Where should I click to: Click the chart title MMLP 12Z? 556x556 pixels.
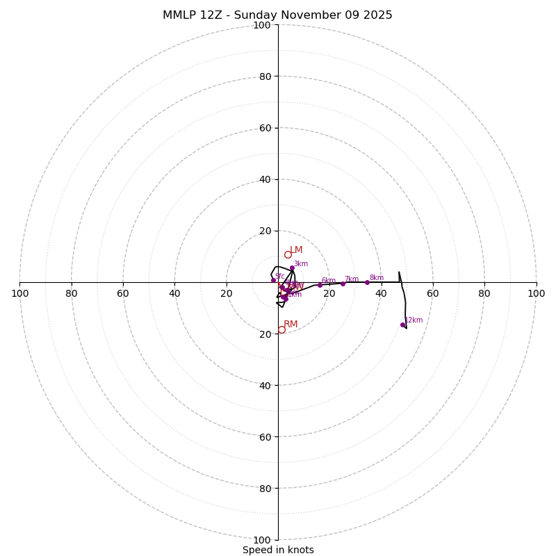277,15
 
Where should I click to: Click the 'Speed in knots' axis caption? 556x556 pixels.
278,550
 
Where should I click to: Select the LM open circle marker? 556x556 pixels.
288,254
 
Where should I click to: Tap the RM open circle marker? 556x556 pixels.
281,330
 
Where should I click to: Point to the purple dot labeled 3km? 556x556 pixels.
292,268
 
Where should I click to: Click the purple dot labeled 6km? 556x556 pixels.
320,285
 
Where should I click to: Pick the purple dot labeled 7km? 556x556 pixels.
343,284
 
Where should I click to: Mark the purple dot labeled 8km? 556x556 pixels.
367,282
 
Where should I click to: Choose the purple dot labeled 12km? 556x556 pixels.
402,325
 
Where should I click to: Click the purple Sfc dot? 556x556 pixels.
273,280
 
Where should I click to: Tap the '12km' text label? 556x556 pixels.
414,320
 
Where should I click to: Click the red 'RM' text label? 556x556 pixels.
291,325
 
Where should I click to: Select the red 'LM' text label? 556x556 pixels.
296,250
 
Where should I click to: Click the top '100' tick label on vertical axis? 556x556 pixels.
262,25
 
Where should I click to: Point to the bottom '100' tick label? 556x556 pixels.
262,539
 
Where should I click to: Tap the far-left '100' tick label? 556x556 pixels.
19,293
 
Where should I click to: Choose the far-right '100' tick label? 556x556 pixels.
536,293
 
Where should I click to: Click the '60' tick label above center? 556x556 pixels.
265,128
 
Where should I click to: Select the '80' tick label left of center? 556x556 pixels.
72,293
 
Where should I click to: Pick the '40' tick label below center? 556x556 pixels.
265,385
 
